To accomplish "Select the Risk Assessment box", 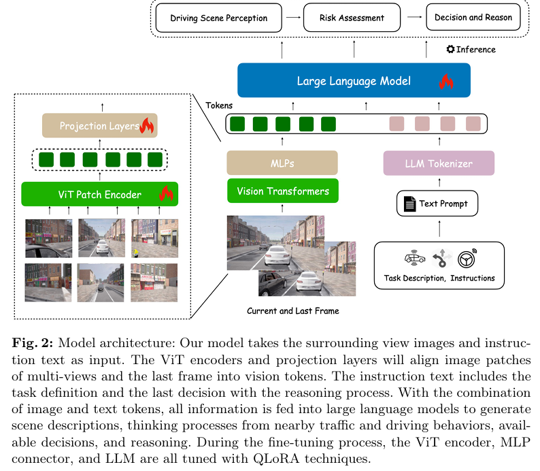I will (352, 18).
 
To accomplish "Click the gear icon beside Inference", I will (450, 49).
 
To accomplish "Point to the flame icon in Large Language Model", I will (445, 82).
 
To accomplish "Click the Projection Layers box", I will (99, 126).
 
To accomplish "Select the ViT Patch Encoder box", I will (99, 194).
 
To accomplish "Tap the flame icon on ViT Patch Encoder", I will (165, 194).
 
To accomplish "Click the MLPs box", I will (282, 163).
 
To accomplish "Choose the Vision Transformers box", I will (282, 191).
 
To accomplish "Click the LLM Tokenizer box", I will (437, 163).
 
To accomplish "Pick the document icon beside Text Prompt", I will (409, 204).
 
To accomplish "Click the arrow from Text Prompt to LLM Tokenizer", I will (437, 184).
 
